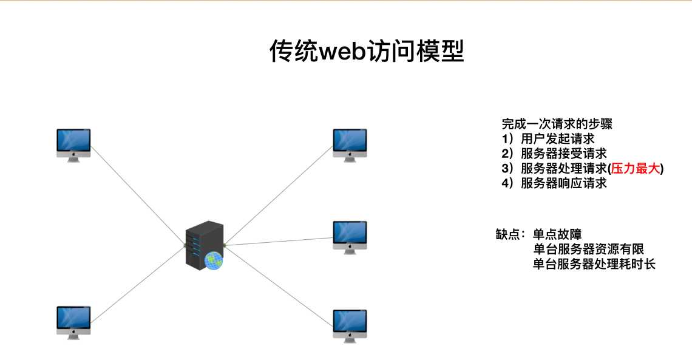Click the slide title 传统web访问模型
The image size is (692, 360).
tap(367, 52)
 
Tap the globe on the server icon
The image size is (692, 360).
tap(214, 260)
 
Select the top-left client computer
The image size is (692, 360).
tap(73, 144)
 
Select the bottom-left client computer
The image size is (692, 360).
tap(73, 322)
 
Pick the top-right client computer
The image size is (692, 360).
tap(350, 144)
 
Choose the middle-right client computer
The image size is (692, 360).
tap(350, 237)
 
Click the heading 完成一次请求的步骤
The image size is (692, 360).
tap(557, 124)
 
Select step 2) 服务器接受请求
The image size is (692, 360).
tap(554, 154)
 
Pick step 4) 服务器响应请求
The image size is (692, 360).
tap(554, 183)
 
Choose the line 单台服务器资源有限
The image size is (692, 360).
tap(588, 250)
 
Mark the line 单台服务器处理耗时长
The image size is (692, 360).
tap(594, 264)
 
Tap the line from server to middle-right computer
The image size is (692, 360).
tap(279, 241)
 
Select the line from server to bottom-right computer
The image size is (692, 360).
tap(279, 280)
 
